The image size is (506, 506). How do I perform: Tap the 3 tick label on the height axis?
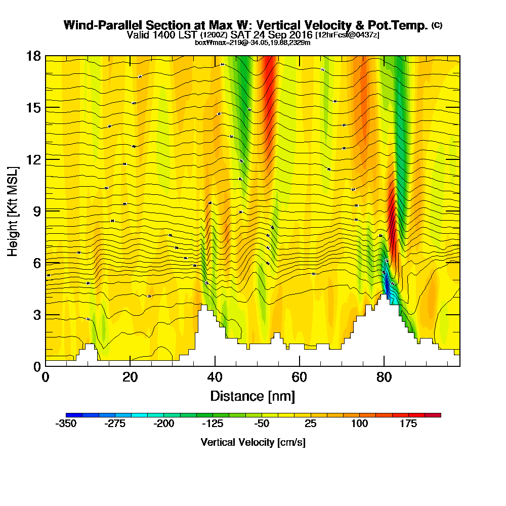tap(36, 314)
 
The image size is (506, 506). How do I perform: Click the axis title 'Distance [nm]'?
tap(252, 395)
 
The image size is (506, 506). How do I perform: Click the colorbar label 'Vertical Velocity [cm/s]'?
tap(253, 442)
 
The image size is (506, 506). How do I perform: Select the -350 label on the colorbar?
tap(66, 424)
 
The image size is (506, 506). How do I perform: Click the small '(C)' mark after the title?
tap(437, 25)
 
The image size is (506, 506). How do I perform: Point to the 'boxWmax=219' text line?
tap(252, 43)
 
